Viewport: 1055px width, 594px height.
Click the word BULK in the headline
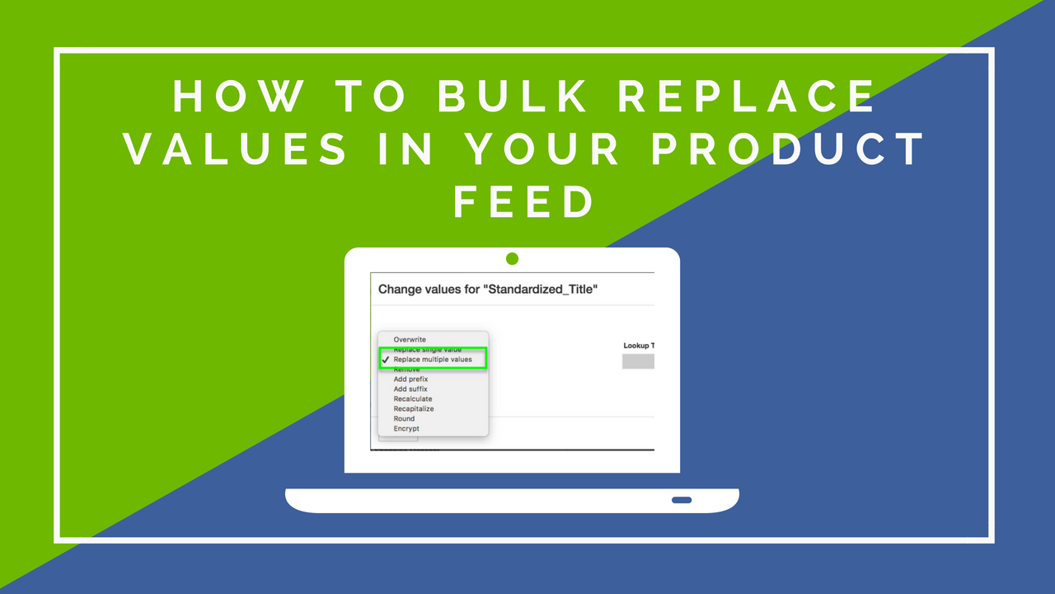point(513,97)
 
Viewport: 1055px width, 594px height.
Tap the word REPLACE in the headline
point(748,97)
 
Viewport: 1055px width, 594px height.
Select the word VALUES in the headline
point(239,149)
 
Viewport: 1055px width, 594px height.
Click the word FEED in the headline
point(524,202)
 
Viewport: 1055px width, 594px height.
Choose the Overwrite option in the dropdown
point(410,340)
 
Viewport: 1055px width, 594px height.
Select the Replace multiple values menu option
point(433,360)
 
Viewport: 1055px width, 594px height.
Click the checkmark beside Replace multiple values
point(386,360)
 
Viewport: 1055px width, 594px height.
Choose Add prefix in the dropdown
point(410,379)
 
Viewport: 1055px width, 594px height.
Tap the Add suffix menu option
point(410,389)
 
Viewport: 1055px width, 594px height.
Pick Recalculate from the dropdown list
point(413,399)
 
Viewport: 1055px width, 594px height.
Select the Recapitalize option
point(414,409)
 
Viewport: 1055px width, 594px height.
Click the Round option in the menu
point(405,419)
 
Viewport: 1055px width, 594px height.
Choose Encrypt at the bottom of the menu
point(406,429)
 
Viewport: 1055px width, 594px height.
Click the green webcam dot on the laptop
point(512,259)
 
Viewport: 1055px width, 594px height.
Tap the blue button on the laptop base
point(682,500)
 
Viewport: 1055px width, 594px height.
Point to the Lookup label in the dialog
point(638,346)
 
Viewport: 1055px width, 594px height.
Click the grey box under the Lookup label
point(638,361)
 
